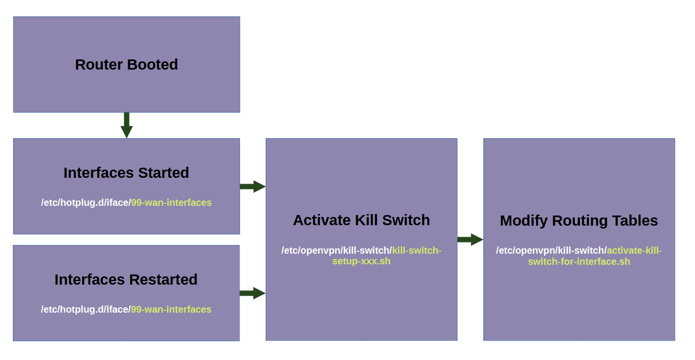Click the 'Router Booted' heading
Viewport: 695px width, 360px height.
pos(126,65)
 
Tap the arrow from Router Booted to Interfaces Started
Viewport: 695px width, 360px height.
pos(127,125)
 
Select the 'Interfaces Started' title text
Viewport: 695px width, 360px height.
pos(126,173)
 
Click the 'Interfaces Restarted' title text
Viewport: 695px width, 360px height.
pos(126,280)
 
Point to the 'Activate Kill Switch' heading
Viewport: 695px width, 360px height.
pos(361,220)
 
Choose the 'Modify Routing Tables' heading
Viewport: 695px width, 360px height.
pos(579,221)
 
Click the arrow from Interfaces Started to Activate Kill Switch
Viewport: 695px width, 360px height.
pos(253,187)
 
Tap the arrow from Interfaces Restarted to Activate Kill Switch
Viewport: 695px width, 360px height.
pos(253,293)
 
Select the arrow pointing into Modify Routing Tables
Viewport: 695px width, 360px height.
pos(470,240)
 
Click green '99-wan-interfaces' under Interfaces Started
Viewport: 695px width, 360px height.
pos(171,202)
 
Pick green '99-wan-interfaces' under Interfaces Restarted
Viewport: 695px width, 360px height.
pos(171,309)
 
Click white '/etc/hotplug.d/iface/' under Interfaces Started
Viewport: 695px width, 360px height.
pos(86,202)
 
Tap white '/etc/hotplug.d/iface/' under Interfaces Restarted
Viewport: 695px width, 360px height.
pos(85,309)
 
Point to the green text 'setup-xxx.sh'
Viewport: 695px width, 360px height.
pos(361,261)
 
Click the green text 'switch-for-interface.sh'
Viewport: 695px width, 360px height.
pos(579,261)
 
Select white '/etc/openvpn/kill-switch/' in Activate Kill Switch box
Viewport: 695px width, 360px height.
pos(337,250)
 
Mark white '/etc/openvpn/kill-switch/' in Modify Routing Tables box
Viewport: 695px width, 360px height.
pos(552,250)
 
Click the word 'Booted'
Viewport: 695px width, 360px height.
pos(152,65)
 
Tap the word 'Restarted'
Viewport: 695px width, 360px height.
pos(163,280)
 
